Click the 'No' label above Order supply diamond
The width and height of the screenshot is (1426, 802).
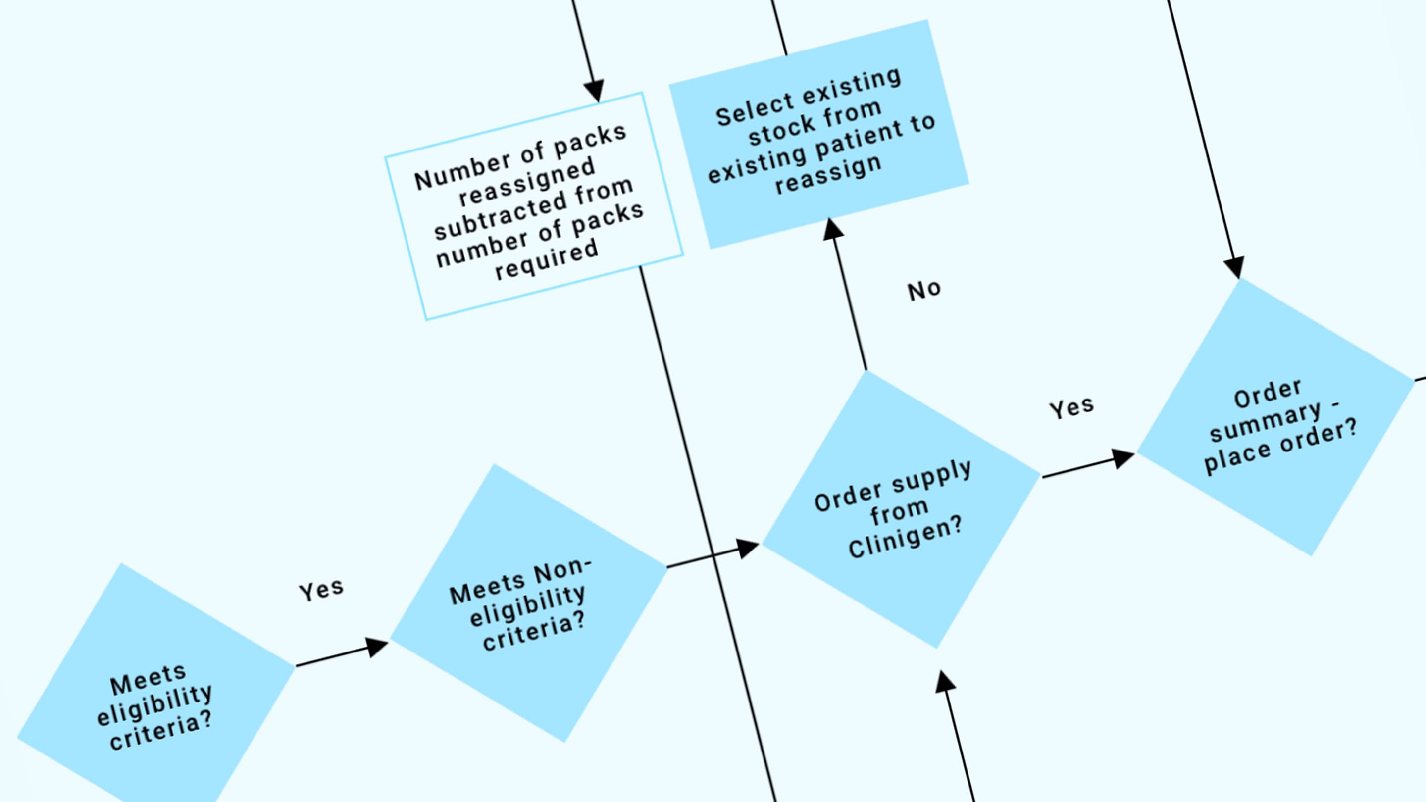pyautogui.click(x=924, y=290)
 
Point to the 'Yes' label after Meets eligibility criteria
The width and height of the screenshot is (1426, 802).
pyautogui.click(x=321, y=590)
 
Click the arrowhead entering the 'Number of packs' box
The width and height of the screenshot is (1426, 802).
pyautogui.click(x=594, y=91)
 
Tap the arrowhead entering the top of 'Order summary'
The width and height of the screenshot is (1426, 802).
pyautogui.click(x=1234, y=267)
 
